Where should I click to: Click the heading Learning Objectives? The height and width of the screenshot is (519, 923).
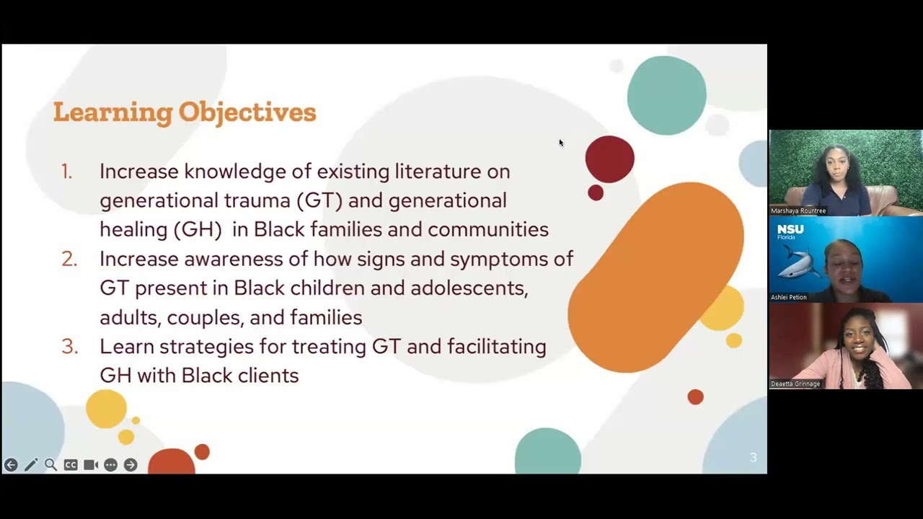tap(185, 112)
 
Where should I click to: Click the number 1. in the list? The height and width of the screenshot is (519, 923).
tap(66, 172)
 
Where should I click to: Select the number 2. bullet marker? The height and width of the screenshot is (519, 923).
tap(69, 259)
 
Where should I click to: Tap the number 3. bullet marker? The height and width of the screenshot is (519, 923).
tap(69, 347)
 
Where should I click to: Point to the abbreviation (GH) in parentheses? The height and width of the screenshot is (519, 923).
tap(197, 230)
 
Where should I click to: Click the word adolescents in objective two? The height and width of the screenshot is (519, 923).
tap(469, 288)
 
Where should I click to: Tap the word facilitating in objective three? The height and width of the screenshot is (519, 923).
tap(496, 347)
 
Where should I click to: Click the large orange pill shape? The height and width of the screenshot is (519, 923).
tap(655, 278)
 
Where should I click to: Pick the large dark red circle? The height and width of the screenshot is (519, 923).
tap(609, 159)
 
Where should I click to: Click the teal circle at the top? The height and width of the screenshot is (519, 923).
tap(666, 95)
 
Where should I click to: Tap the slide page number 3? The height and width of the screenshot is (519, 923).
tap(753, 458)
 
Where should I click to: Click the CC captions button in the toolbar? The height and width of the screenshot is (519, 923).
tap(71, 465)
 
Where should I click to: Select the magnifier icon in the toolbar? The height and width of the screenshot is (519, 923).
tap(50, 465)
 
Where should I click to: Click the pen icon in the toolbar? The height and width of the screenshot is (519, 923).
tap(30, 465)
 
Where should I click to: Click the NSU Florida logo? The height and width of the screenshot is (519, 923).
tap(790, 232)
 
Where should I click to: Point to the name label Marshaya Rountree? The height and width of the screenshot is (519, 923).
tap(798, 210)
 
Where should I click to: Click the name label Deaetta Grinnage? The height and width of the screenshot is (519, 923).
tap(795, 383)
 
